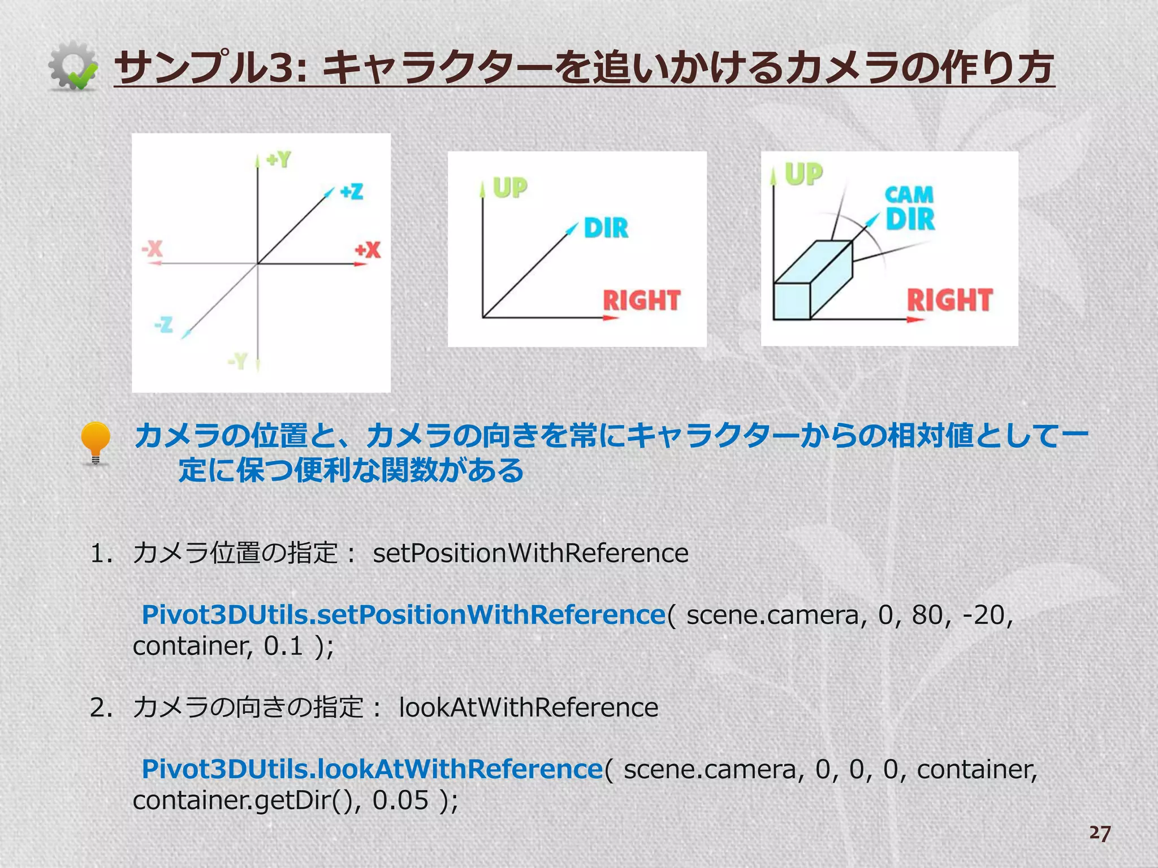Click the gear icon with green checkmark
72,67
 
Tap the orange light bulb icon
95,443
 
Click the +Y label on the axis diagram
278,160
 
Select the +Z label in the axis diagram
351,192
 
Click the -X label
152,248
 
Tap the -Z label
163,324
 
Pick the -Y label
238,360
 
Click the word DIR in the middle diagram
606,228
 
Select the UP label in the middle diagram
510,188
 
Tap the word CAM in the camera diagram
909,195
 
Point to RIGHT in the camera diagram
950,300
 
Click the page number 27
1100,833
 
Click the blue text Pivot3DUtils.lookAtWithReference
373,769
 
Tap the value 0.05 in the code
400,800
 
